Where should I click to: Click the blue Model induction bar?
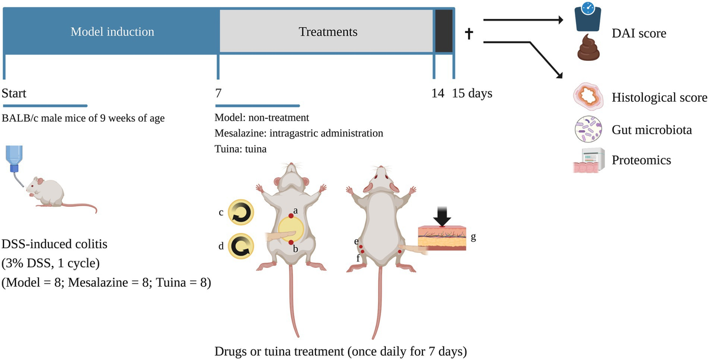coord(112,32)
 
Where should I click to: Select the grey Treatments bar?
coord(327,32)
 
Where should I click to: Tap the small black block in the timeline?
coord(444,32)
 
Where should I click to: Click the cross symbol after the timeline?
coord(470,34)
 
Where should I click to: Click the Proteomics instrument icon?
coord(588,160)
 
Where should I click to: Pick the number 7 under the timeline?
coord(219,93)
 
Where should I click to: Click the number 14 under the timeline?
coord(438,93)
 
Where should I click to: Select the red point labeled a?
coord(291,216)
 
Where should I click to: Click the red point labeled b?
coord(291,242)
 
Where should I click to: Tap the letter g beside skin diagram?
coord(473,237)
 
